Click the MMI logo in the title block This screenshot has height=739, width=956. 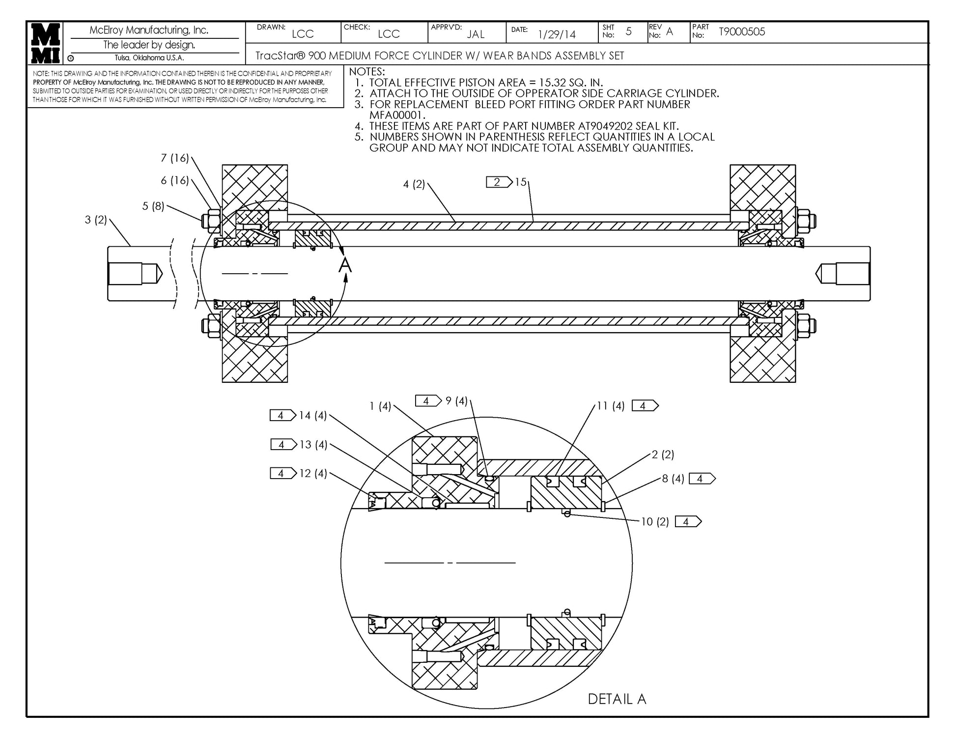46,43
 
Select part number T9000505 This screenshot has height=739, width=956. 742,32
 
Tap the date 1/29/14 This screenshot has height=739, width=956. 557,34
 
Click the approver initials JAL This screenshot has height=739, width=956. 476,34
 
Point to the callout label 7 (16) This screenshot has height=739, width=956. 175,158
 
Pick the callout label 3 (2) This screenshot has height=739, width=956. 96,220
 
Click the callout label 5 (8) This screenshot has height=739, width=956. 153,206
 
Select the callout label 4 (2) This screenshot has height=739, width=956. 414,185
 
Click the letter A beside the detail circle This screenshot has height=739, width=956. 345,265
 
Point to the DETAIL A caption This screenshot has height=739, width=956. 617,699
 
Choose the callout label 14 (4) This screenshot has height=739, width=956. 313,416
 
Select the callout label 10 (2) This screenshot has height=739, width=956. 655,522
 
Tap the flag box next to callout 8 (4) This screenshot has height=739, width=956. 702,479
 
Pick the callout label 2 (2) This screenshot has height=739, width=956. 663,455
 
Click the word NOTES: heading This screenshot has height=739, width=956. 367,72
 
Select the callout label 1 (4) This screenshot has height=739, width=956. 380,406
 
